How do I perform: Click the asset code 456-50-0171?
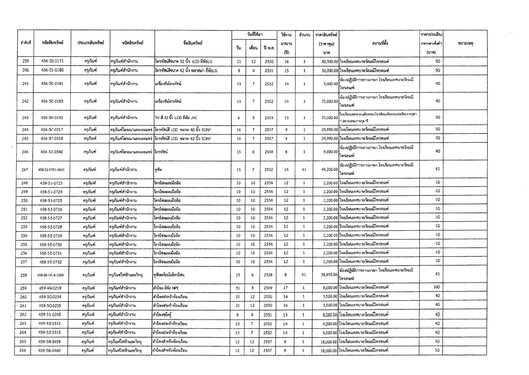point(52,61)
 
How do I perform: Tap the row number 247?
point(24,170)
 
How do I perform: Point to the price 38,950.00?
point(329,275)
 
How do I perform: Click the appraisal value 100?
point(437,287)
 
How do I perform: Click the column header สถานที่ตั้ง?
point(379,43)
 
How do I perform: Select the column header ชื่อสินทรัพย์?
point(193,43)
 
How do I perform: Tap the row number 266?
point(23,350)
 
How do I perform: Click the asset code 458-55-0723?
point(51,183)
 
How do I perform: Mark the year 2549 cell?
point(268,288)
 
